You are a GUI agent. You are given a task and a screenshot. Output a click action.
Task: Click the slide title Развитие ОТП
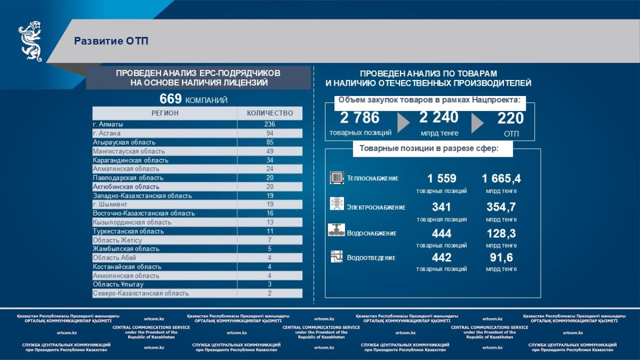pyautogui.click(x=111, y=41)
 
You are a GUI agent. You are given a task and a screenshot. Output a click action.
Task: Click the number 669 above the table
pyautogui.click(x=171, y=99)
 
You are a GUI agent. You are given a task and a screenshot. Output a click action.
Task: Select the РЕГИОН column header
pyautogui.click(x=165, y=113)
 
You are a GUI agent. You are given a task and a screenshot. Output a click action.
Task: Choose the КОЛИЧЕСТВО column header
pyautogui.click(x=270, y=113)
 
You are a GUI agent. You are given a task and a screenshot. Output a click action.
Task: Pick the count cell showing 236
pyautogui.click(x=270, y=124)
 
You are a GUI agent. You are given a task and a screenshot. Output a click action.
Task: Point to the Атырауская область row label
pyautogui.click(x=124, y=142)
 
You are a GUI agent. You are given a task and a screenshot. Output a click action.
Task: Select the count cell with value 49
pyautogui.click(x=270, y=151)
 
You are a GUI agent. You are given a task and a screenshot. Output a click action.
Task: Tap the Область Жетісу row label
pyautogui.click(x=117, y=241)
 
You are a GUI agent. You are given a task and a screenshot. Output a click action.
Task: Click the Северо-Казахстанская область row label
pyautogui.click(x=141, y=294)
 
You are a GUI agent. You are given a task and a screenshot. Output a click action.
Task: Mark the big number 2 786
pyautogui.click(x=359, y=118)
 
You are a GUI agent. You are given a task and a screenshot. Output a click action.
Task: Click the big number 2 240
pyautogui.click(x=438, y=117)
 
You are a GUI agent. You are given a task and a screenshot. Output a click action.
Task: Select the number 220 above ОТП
pyautogui.click(x=510, y=118)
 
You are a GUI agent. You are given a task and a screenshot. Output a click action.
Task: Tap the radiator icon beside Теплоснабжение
pyautogui.click(x=337, y=178)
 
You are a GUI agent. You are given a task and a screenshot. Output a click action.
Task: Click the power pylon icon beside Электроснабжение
pyautogui.click(x=337, y=205)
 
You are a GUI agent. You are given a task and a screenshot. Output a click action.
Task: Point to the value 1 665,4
pyautogui.click(x=501, y=179)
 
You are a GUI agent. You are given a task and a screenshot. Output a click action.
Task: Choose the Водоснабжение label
pyautogui.click(x=372, y=234)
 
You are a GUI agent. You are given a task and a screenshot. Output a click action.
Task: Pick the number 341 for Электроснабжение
pyautogui.click(x=442, y=207)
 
